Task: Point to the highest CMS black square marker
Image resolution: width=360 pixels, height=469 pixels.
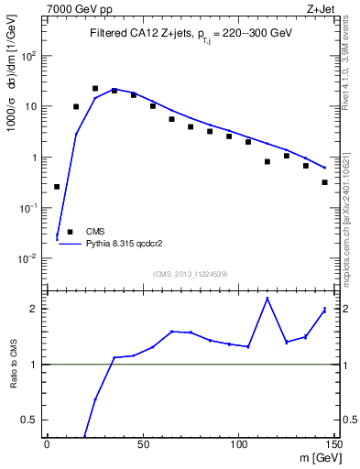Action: click(x=95, y=89)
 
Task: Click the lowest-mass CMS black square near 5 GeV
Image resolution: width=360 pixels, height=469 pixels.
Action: click(x=57, y=187)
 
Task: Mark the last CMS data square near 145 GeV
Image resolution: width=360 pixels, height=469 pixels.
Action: click(x=325, y=182)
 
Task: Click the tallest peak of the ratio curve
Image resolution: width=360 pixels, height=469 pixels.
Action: click(x=267, y=299)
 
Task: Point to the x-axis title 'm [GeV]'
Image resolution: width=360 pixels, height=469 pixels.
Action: click(x=314, y=457)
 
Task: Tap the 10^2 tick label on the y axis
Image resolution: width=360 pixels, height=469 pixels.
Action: click(x=29, y=56)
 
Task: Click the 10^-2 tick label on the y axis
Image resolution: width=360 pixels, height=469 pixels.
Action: click(x=29, y=259)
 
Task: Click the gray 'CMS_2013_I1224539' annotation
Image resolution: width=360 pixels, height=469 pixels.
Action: click(x=190, y=272)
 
